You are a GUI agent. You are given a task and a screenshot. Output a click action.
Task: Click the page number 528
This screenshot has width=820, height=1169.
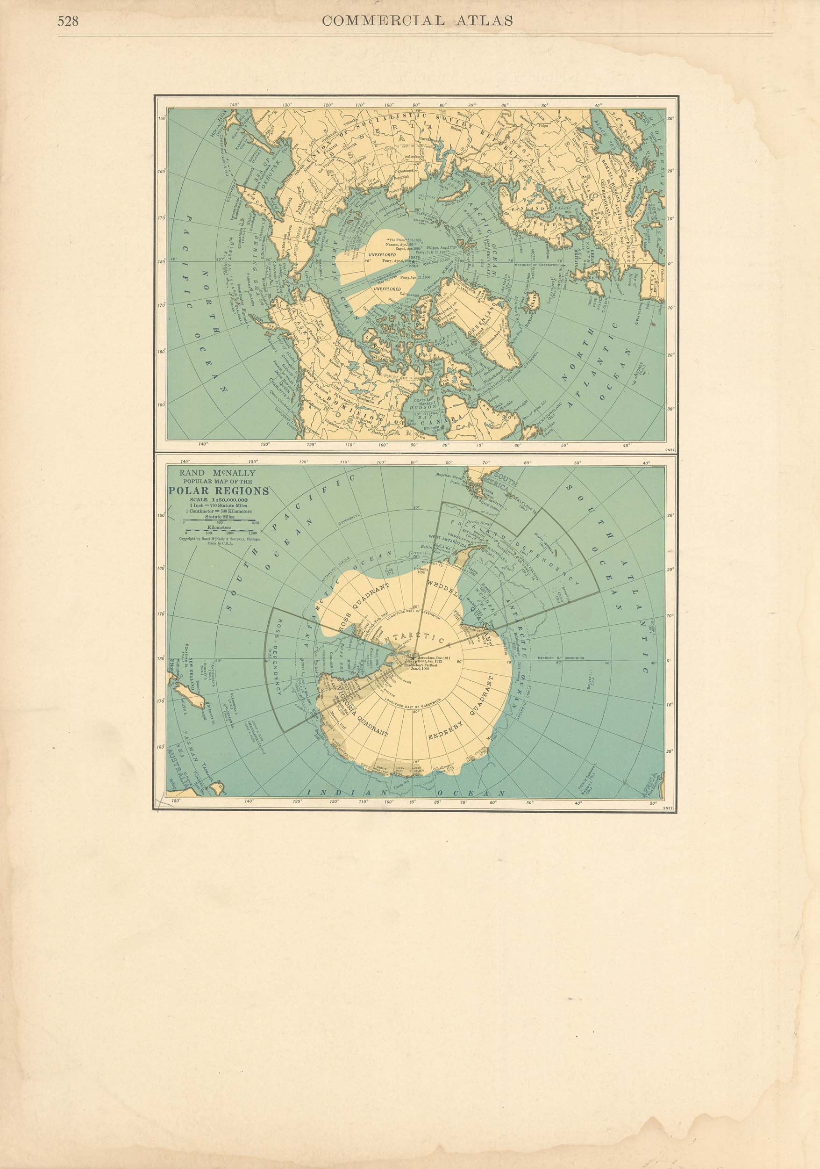tap(68, 22)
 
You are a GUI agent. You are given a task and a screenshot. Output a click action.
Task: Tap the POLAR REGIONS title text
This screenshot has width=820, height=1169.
tap(219, 491)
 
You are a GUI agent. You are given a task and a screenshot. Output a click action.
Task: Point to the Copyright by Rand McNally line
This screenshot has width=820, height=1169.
tap(219, 538)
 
